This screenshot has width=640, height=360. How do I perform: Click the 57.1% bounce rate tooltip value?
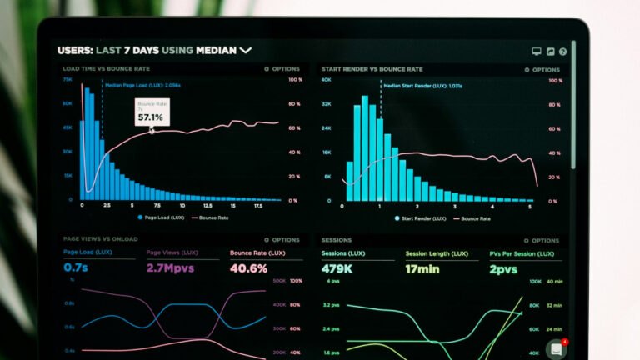[x=151, y=117]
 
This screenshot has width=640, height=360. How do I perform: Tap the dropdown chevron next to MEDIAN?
[x=246, y=51]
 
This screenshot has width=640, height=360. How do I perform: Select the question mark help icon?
[x=562, y=52]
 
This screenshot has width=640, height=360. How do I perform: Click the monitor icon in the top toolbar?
[x=537, y=52]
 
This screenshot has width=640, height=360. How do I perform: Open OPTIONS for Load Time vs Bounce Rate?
[x=282, y=69]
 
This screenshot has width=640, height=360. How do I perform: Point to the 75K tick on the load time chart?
[x=67, y=80]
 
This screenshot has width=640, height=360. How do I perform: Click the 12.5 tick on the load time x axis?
[x=207, y=205]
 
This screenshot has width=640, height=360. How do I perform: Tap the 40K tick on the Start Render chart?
[x=327, y=80]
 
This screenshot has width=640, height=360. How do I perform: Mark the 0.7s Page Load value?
[x=76, y=268]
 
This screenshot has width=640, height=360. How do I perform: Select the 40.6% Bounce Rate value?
[x=248, y=268]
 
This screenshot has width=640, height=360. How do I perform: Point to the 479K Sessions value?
[x=337, y=268]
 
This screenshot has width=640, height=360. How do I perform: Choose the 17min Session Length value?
[x=422, y=268]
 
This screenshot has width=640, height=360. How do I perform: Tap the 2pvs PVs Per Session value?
[x=502, y=268]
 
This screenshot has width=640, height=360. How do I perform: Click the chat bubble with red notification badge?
[x=556, y=349]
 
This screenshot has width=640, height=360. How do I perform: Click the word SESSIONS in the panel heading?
[x=337, y=240]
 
